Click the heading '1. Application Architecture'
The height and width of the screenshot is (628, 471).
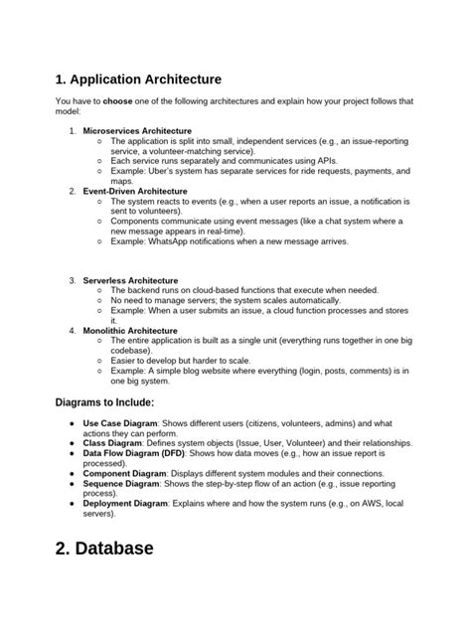(x=138, y=79)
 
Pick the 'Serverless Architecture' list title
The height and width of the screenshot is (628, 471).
(x=130, y=280)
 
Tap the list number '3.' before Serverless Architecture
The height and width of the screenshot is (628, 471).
(x=73, y=280)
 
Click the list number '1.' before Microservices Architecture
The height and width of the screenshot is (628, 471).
(x=73, y=130)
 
